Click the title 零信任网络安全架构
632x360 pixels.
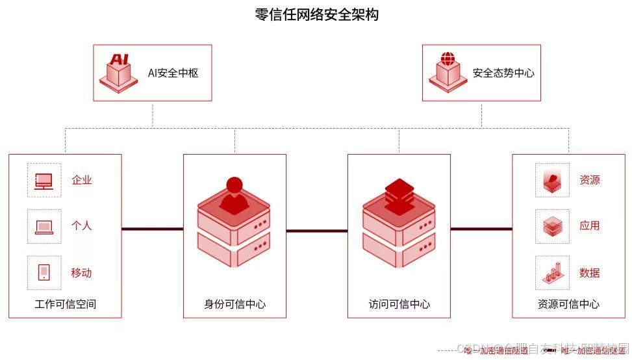[x=316, y=15]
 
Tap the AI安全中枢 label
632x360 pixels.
[x=173, y=73]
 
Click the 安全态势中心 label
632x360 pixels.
[x=503, y=73]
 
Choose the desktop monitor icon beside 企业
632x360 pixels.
[x=44, y=180]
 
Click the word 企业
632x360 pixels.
[x=82, y=180]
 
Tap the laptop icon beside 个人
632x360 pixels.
[x=44, y=226]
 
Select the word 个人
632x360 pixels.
[x=82, y=226]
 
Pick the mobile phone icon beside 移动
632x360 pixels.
[x=44, y=272]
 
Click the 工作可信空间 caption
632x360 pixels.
[x=65, y=304]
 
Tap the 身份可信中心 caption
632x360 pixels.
[x=234, y=304]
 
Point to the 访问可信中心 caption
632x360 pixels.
[x=399, y=304]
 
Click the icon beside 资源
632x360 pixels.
[x=552, y=180]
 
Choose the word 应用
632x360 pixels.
[x=590, y=226]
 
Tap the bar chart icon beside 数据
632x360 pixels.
[x=552, y=272]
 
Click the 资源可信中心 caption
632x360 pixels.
[x=568, y=304]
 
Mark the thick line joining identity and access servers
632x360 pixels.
[x=316, y=230]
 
